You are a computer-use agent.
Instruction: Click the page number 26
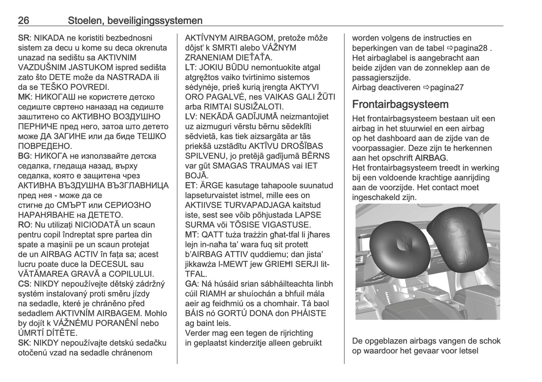tap(24, 21)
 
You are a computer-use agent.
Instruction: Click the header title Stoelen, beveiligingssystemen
tap(135, 21)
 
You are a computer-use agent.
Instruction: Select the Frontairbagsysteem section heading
tap(400, 104)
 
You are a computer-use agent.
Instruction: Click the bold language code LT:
tap(191, 68)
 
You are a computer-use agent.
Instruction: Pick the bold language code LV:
tap(192, 117)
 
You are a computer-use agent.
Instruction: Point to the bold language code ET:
tap(192, 185)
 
